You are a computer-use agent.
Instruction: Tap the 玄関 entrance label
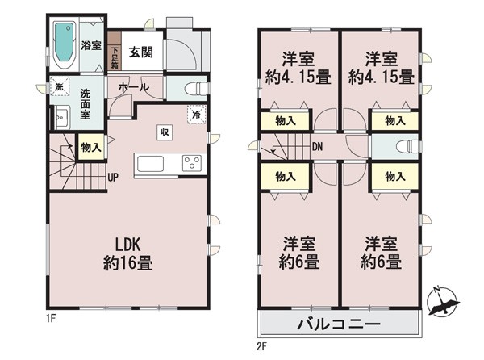tap(140, 52)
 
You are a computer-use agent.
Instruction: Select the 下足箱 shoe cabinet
tap(115, 58)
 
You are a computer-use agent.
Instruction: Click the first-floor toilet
tap(195, 89)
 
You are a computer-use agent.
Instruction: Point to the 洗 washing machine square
tap(59, 86)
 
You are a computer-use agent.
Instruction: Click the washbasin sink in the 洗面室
tap(63, 117)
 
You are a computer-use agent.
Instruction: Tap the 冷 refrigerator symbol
tap(196, 115)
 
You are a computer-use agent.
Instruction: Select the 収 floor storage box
tap(165, 132)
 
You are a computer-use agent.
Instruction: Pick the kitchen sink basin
tap(150, 164)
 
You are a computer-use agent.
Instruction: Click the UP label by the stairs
tap(113, 178)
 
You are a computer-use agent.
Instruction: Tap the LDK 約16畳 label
tap(128, 254)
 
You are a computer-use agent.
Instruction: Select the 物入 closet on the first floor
tap(91, 147)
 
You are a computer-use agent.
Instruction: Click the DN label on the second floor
tap(317, 147)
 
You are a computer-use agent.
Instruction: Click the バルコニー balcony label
tap(339, 324)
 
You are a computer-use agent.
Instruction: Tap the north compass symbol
tap(443, 302)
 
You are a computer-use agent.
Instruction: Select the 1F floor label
tap(52, 319)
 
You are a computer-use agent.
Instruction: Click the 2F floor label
tap(261, 347)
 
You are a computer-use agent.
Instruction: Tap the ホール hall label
tap(134, 87)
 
